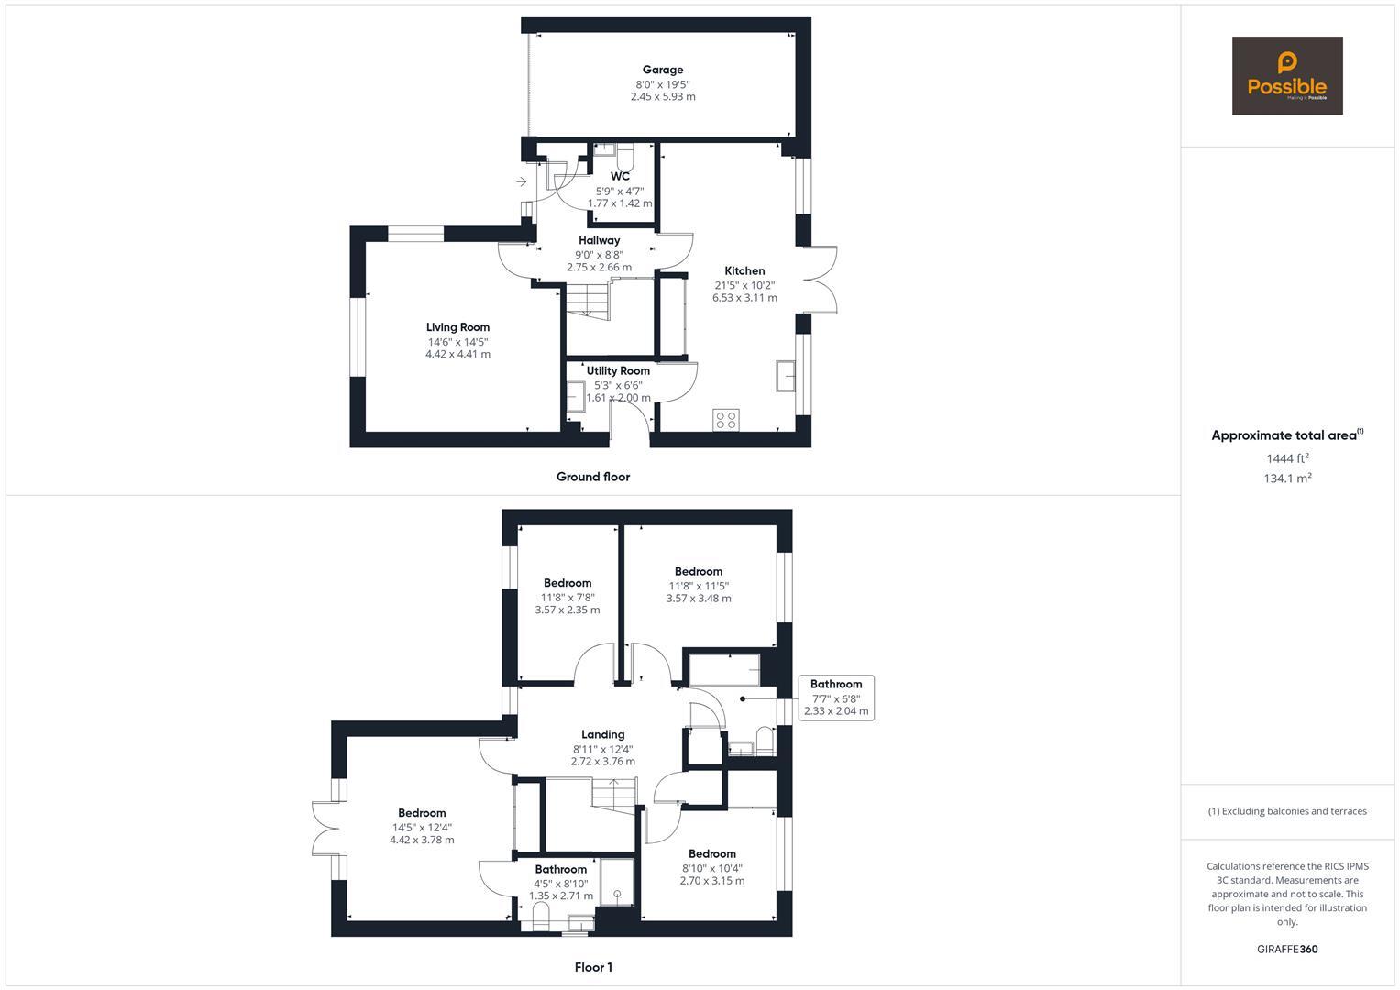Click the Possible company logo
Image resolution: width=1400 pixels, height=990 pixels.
1286,75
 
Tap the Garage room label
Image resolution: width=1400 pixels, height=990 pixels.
662,70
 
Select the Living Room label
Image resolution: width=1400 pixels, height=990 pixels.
457,327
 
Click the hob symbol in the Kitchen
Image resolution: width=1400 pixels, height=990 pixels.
725,420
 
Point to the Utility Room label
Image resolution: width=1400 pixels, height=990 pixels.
618,371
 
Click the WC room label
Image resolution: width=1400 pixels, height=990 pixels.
620,176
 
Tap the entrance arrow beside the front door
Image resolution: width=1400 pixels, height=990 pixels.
521,181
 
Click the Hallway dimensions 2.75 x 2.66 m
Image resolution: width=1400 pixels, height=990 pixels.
599,268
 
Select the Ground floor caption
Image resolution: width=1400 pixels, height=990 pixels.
592,477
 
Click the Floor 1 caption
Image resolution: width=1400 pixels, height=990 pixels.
592,967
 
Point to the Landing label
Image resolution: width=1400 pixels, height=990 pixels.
602,734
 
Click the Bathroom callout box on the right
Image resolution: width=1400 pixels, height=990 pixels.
835,698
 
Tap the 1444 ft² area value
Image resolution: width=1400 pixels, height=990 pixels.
1286,458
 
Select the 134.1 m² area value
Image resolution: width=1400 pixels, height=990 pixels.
1286,478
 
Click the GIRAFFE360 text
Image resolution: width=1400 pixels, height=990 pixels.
1286,950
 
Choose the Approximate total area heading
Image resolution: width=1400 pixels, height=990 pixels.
1286,435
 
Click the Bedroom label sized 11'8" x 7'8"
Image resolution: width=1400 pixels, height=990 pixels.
567,583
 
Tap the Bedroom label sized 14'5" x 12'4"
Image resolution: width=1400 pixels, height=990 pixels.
422,813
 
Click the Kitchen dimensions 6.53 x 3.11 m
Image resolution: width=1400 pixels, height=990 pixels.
744,298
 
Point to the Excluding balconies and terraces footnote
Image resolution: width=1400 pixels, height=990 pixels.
1286,811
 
